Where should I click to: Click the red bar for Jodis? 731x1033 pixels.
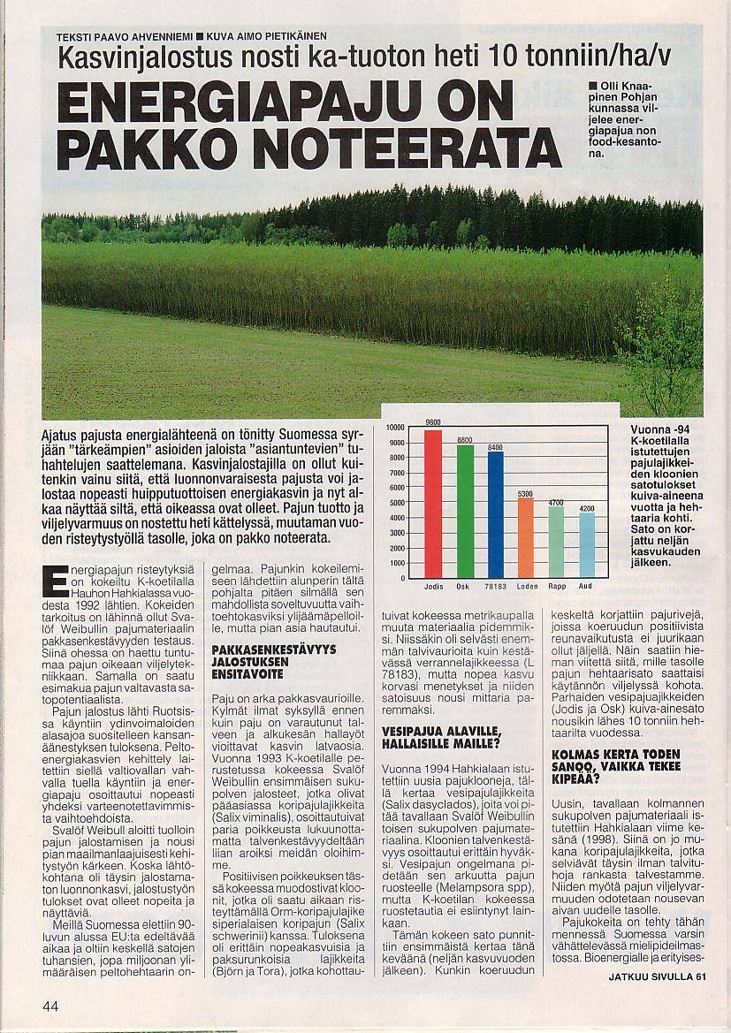433,504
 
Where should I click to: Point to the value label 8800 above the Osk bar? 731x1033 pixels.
465,440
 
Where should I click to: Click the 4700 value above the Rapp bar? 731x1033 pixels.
556,502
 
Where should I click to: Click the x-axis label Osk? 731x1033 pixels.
463,586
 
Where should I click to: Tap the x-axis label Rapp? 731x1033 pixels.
557,586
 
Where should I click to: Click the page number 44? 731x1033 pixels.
50,1005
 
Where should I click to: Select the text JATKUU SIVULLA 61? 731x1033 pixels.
658,976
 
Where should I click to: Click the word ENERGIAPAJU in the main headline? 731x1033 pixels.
285,101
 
